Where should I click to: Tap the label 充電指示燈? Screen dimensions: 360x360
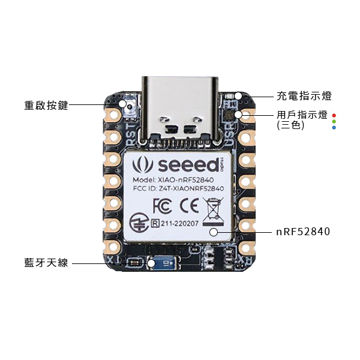(x=304, y=96)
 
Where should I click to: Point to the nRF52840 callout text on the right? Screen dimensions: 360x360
(x=303, y=231)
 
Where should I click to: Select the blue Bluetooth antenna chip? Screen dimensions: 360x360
(x=165, y=263)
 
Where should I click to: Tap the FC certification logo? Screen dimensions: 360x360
(x=163, y=205)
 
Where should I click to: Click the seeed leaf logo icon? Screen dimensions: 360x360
(x=143, y=164)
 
